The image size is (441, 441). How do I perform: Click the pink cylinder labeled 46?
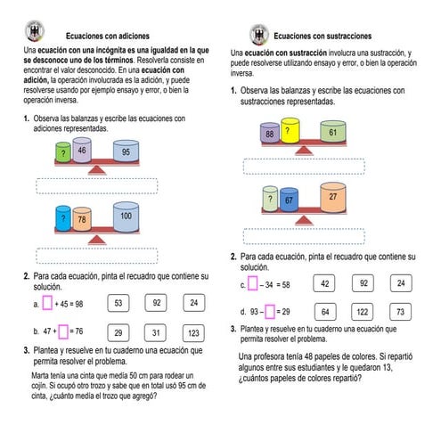pyautogui.click(x=82, y=152)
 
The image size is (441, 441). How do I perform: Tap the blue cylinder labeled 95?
pyautogui.click(x=126, y=152)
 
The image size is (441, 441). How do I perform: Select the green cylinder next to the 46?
pyautogui.click(x=62, y=154)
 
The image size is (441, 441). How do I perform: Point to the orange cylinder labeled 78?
pyautogui.click(x=81, y=218)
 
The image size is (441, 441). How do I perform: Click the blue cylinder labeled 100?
pyautogui.click(x=126, y=216)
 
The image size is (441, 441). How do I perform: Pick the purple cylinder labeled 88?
pyautogui.click(x=270, y=135)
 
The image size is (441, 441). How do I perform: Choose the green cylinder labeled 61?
pyautogui.click(x=332, y=133)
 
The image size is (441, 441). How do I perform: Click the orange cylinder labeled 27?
pyautogui.click(x=332, y=198)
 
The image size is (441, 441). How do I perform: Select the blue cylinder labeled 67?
pyautogui.click(x=289, y=200)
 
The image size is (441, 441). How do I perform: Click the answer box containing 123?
pyautogui.click(x=193, y=332)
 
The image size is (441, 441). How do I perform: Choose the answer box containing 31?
pyautogui.click(x=155, y=332)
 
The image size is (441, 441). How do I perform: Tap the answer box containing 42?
pyautogui.click(x=325, y=283)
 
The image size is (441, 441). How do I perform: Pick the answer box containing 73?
pyautogui.click(x=400, y=311)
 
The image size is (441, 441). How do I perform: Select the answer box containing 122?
pyautogui.click(x=363, y=311)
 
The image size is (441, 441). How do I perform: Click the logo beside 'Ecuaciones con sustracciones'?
pyautogui.click(x=258, y=34)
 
